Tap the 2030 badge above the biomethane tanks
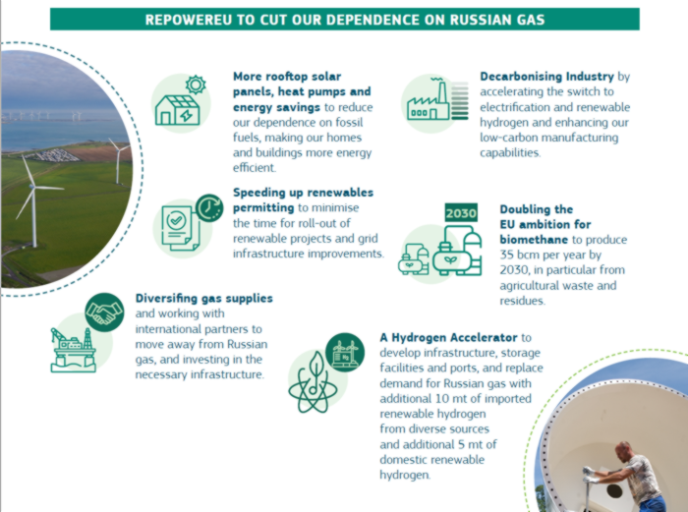(x=461, y=213)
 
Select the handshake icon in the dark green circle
(x=104, y=312)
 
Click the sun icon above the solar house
(x=196, y=85)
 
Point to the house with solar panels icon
(x=177, y=110)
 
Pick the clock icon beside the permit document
(x=209, y=208)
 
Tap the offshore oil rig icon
(x=74, y=350)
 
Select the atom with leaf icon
(x=313, y=381)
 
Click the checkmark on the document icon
(x=176, y=220)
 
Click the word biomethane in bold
(x=534, y=240)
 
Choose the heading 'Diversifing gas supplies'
(x=204, y=299)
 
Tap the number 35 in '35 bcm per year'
(x=506, y=255)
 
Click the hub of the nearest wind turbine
(x=32, y=187)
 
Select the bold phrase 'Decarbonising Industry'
(x=546, y=77)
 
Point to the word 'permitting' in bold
(x=263, y=208)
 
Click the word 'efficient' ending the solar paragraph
(x=254, y=168)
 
